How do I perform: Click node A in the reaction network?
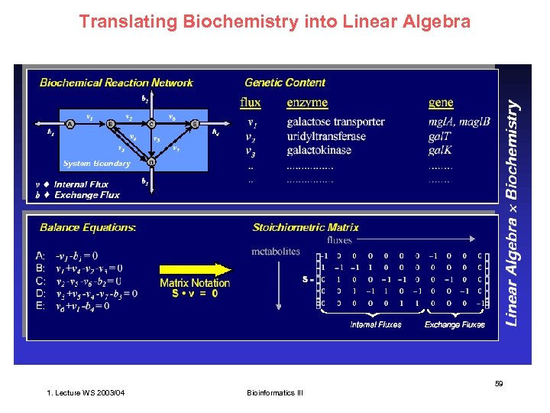(x=70, y=123)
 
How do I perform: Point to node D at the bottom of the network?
(x=151, y=162)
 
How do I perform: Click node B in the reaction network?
(x=111, y=123)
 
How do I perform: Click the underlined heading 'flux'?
(x=251, y=102)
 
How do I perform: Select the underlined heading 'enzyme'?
(x=307, y=102)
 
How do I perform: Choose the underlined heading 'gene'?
(x=441, y=102)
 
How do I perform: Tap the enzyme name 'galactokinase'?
(x=319, y=150)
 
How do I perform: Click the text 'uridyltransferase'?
(x=326, y=136)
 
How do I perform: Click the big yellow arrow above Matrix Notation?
(x=195, y=269)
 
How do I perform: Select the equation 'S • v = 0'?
(x=195, y=293)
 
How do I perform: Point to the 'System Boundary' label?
(x=96, y=163)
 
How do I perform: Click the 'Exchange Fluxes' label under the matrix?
(x=455, y=324)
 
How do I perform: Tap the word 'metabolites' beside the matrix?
(x=276, y=252)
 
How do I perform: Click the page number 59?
(x=498, y=383)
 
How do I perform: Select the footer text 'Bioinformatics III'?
(x=275, y=393)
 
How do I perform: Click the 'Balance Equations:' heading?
(x=88, y=227)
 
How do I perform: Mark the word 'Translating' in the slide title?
(x=128, y=21)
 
